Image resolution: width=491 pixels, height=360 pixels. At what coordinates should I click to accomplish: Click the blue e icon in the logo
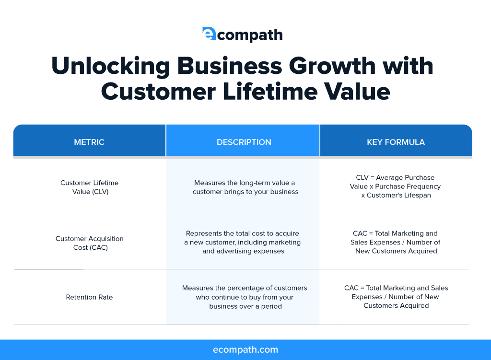point(209,34)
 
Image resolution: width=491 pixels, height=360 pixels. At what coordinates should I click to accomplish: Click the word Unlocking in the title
point(111,66)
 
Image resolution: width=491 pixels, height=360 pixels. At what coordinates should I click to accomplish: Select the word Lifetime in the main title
point(270,92)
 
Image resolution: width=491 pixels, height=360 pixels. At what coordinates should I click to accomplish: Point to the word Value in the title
point(357,92)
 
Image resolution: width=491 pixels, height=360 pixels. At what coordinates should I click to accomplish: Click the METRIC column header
point(89,142)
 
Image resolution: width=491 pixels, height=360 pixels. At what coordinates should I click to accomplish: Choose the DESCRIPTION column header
point(244,142)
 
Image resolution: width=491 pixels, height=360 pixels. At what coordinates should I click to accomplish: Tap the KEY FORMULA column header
point(396,142)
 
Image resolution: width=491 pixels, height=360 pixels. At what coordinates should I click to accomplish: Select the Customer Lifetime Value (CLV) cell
point(90,187)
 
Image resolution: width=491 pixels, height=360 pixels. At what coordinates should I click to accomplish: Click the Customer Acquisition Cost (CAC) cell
point(90,243)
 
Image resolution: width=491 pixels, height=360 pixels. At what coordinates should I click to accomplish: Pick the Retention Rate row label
point(89,297)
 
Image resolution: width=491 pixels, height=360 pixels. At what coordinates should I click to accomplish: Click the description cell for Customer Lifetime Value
point(245,187)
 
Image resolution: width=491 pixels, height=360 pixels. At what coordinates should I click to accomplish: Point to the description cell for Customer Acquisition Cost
point(243,242)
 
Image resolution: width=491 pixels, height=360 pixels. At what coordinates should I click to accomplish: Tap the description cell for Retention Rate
point(245,297)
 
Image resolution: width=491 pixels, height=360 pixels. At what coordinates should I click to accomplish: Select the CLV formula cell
point(395,186)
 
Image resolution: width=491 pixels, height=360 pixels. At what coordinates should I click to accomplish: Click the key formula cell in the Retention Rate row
point(396,296)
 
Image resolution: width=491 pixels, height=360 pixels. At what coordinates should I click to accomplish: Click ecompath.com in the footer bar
point(245,349)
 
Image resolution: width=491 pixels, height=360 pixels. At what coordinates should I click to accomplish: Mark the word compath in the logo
point(249,35)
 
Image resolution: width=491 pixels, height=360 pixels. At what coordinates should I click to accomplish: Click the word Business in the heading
point(230,66)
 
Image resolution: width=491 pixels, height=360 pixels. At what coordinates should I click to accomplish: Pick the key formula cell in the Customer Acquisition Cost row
point(395,242)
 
